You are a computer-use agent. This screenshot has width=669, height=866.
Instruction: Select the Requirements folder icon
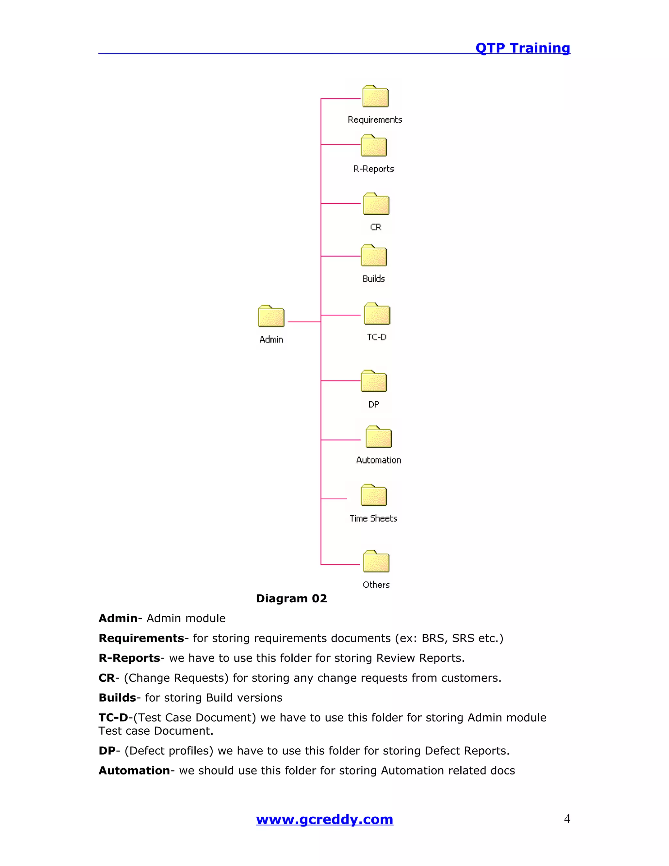(x=375, y=96)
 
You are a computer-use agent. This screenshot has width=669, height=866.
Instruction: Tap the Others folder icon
(x=376, y=561)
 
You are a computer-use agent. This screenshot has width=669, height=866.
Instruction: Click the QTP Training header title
(x=522, y=48)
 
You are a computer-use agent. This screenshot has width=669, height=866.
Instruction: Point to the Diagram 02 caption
(x=291, y=598)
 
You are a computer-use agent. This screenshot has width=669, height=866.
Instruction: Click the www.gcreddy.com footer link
(x=325, y=819)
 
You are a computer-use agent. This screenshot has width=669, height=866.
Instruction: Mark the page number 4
(x=567, y=819)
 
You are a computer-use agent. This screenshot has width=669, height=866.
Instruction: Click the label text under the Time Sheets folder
(x=373, y=518)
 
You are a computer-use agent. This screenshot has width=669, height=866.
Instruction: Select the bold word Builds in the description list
(x=117, y=697)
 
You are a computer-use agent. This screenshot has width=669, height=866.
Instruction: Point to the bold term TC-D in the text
(x=113, y=717)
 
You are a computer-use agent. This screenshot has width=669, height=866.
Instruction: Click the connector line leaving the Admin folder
(x=304, y=322)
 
